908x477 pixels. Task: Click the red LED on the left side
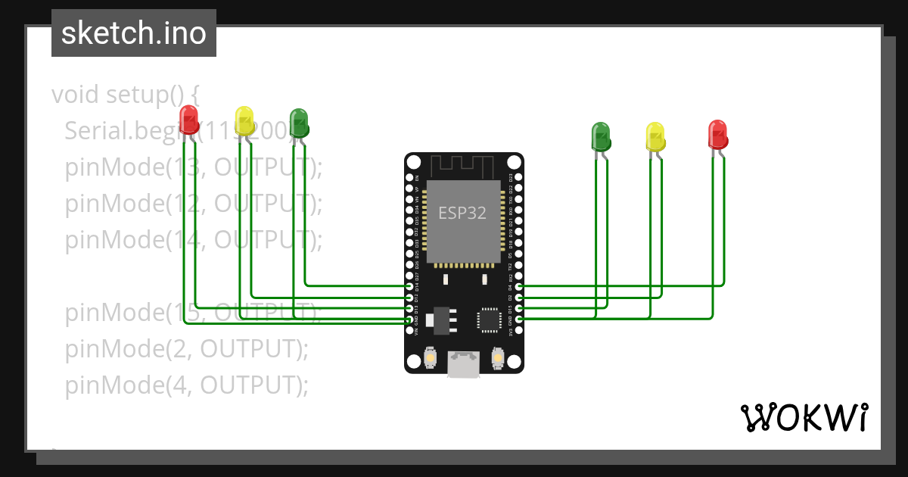188,120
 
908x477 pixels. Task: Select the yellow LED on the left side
244,120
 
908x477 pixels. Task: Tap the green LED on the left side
299,123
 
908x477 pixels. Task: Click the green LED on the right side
600,136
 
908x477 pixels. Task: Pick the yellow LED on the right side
655,137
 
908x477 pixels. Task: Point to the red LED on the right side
717,134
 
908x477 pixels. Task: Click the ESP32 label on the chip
462,213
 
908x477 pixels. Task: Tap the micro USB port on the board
463,364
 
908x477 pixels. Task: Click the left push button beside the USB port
430,357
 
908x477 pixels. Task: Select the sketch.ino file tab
134,33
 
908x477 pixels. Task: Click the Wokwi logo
804,417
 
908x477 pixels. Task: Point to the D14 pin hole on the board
410,287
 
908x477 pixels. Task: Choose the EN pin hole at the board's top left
410,178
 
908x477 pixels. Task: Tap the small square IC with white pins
488,320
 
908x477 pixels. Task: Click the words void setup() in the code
125,95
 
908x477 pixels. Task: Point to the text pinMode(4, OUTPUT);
186,385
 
